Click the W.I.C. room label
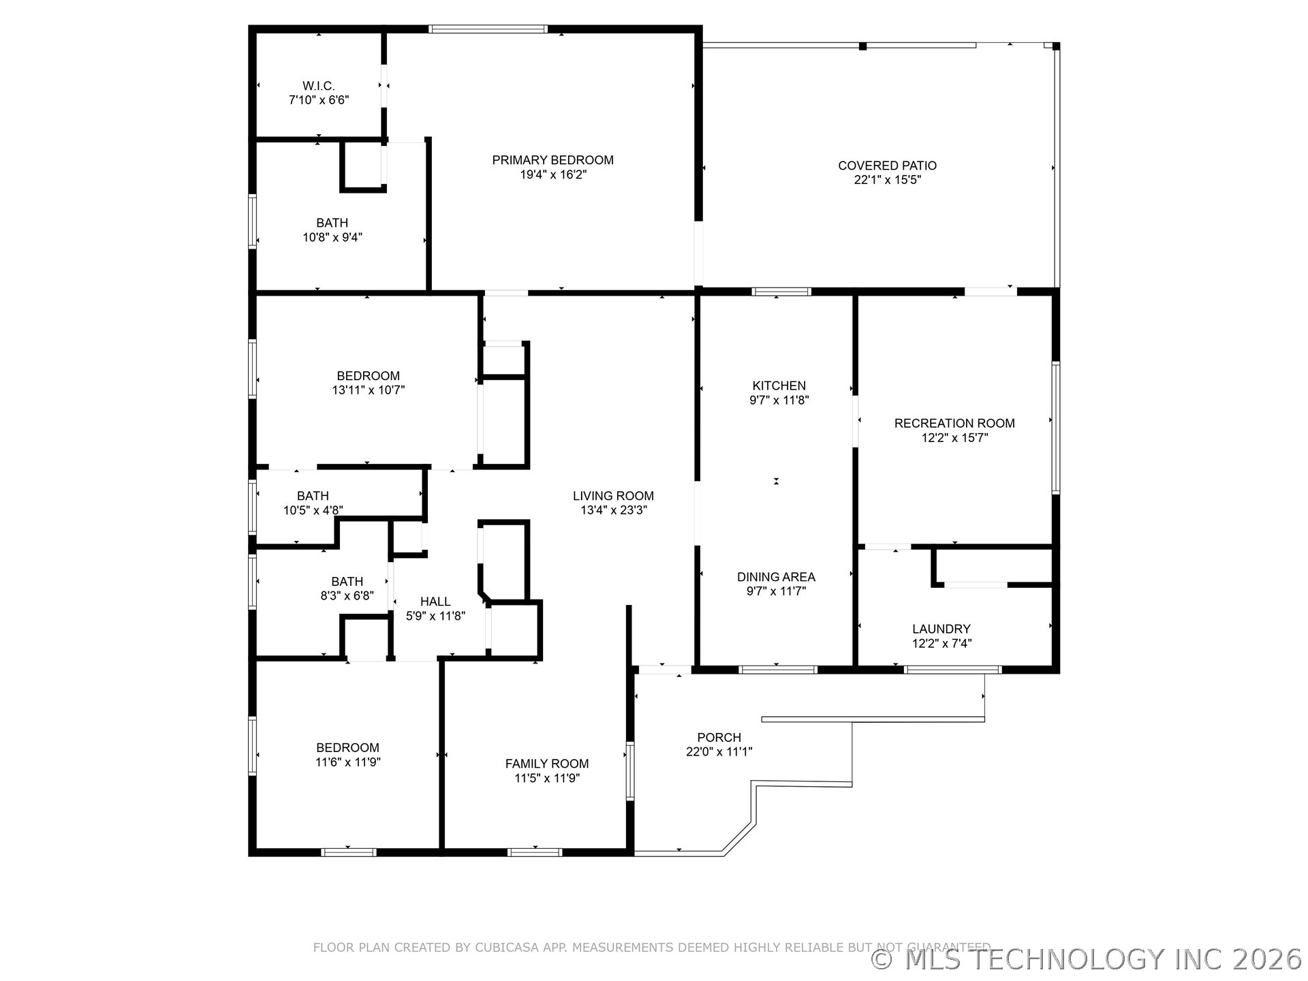pyautogui.click(x=319, y=86)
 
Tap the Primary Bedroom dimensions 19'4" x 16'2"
pyautogui.click(x=552, y=174)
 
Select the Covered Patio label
pyautogui.click(x=887, y=166)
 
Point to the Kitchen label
pyautogui.click(x=779, y=386)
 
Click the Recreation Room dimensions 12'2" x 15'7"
pyautogui.click(x=954, y=438)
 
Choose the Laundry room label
pyautogui.click(x=941, y=629)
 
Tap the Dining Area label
pyautogui.click(x=776, y=577)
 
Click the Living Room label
pyautogui.click(x=613, y=496)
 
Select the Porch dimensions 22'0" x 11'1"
pyautogui.click(x=719, y=752)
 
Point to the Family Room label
pyautogui.click(x=546, y=764)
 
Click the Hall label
pyautogui.click(x=435, y=602)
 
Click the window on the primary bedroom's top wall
pyautogui.click(x=488, y=29)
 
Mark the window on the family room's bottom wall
pyautogui.click(x=535, y=852)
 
